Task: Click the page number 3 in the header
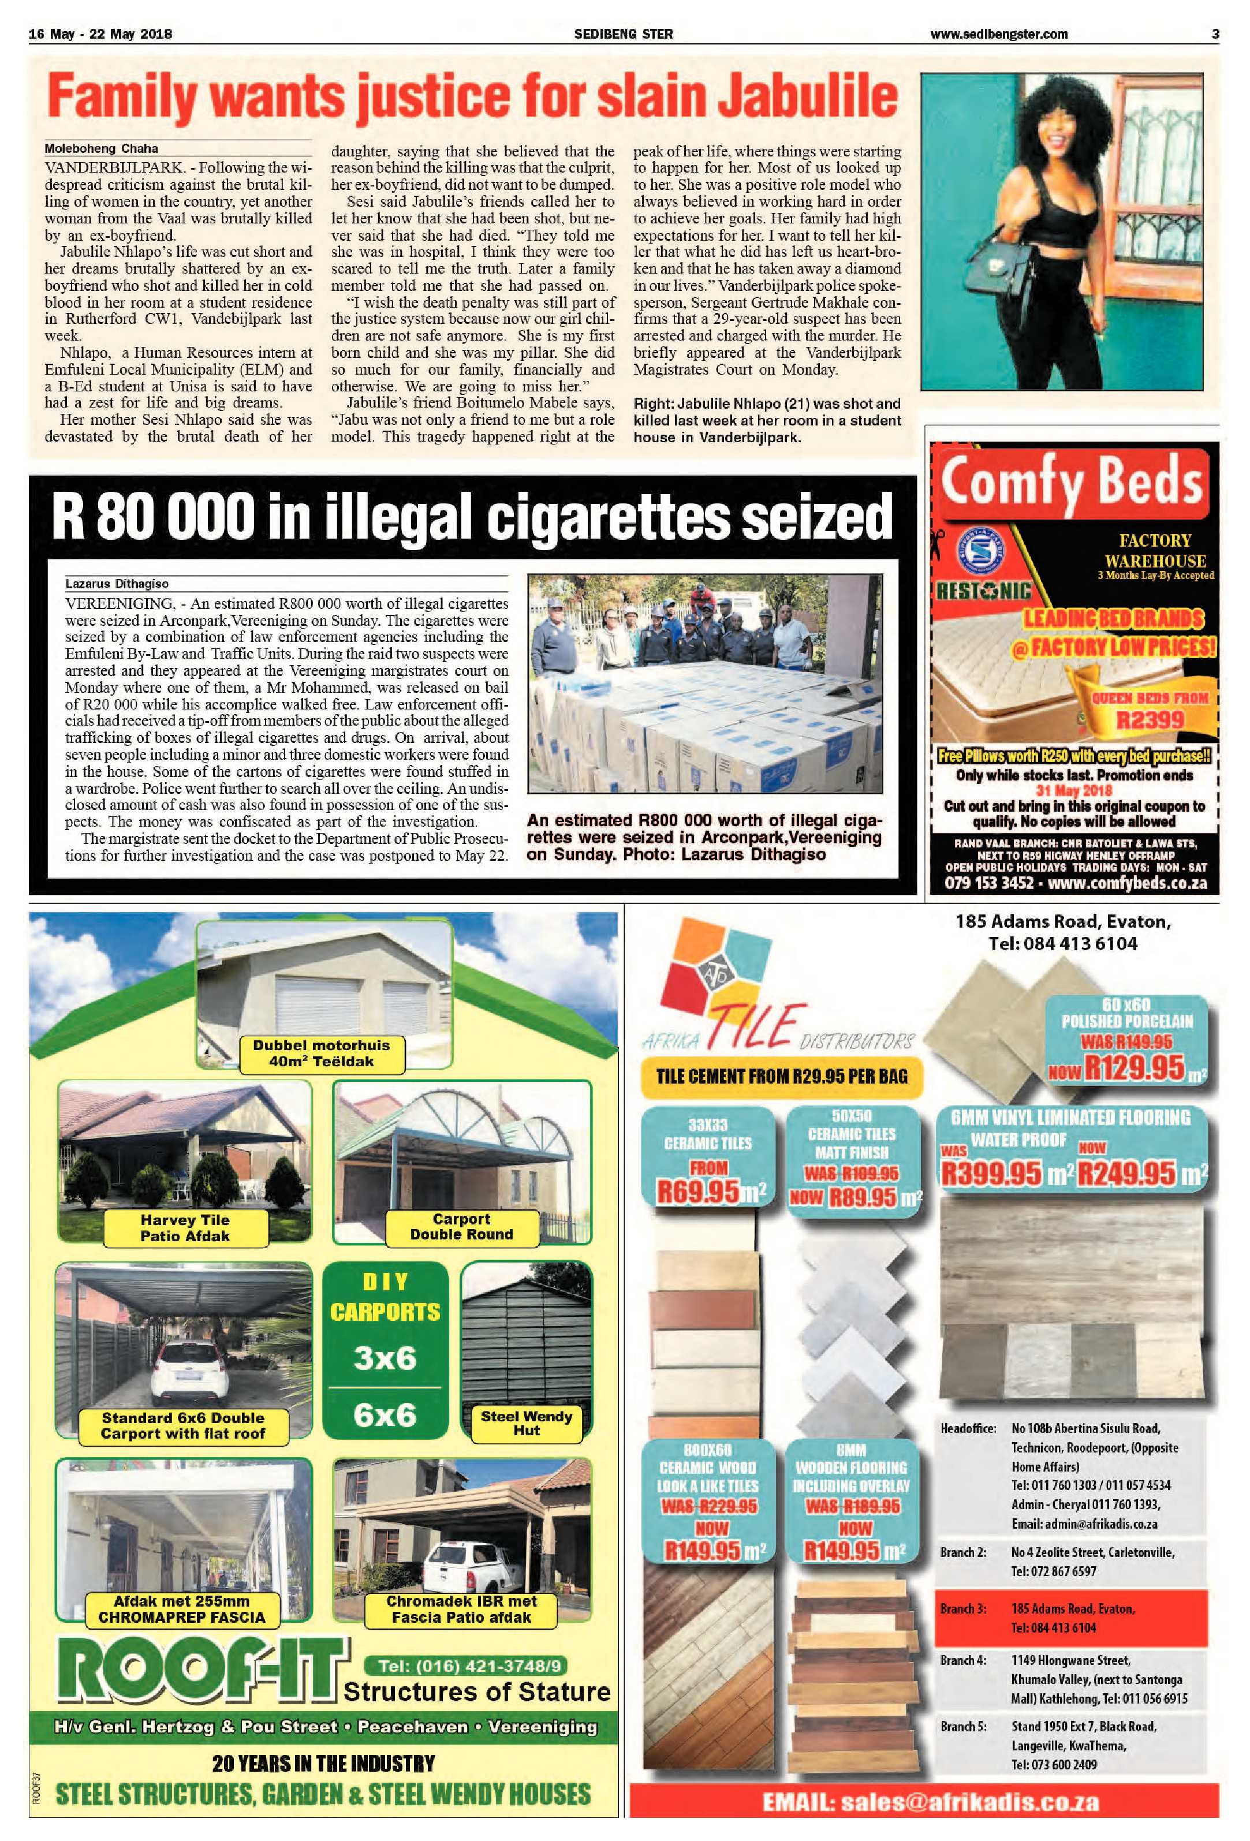[x=1214, y=34]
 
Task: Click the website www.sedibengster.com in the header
[x=999, y=34]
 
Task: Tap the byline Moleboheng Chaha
[x=102, y=148]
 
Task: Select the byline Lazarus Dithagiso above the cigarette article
[x=117, y=584]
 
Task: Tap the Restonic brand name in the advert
[x=984, y=591]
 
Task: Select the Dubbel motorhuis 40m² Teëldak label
[x=321, y=1054]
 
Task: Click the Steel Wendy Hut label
[x=526, y=1424]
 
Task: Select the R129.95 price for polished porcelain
[x=1133, y=1068]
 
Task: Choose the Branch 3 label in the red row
[x=962, y=1609]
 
